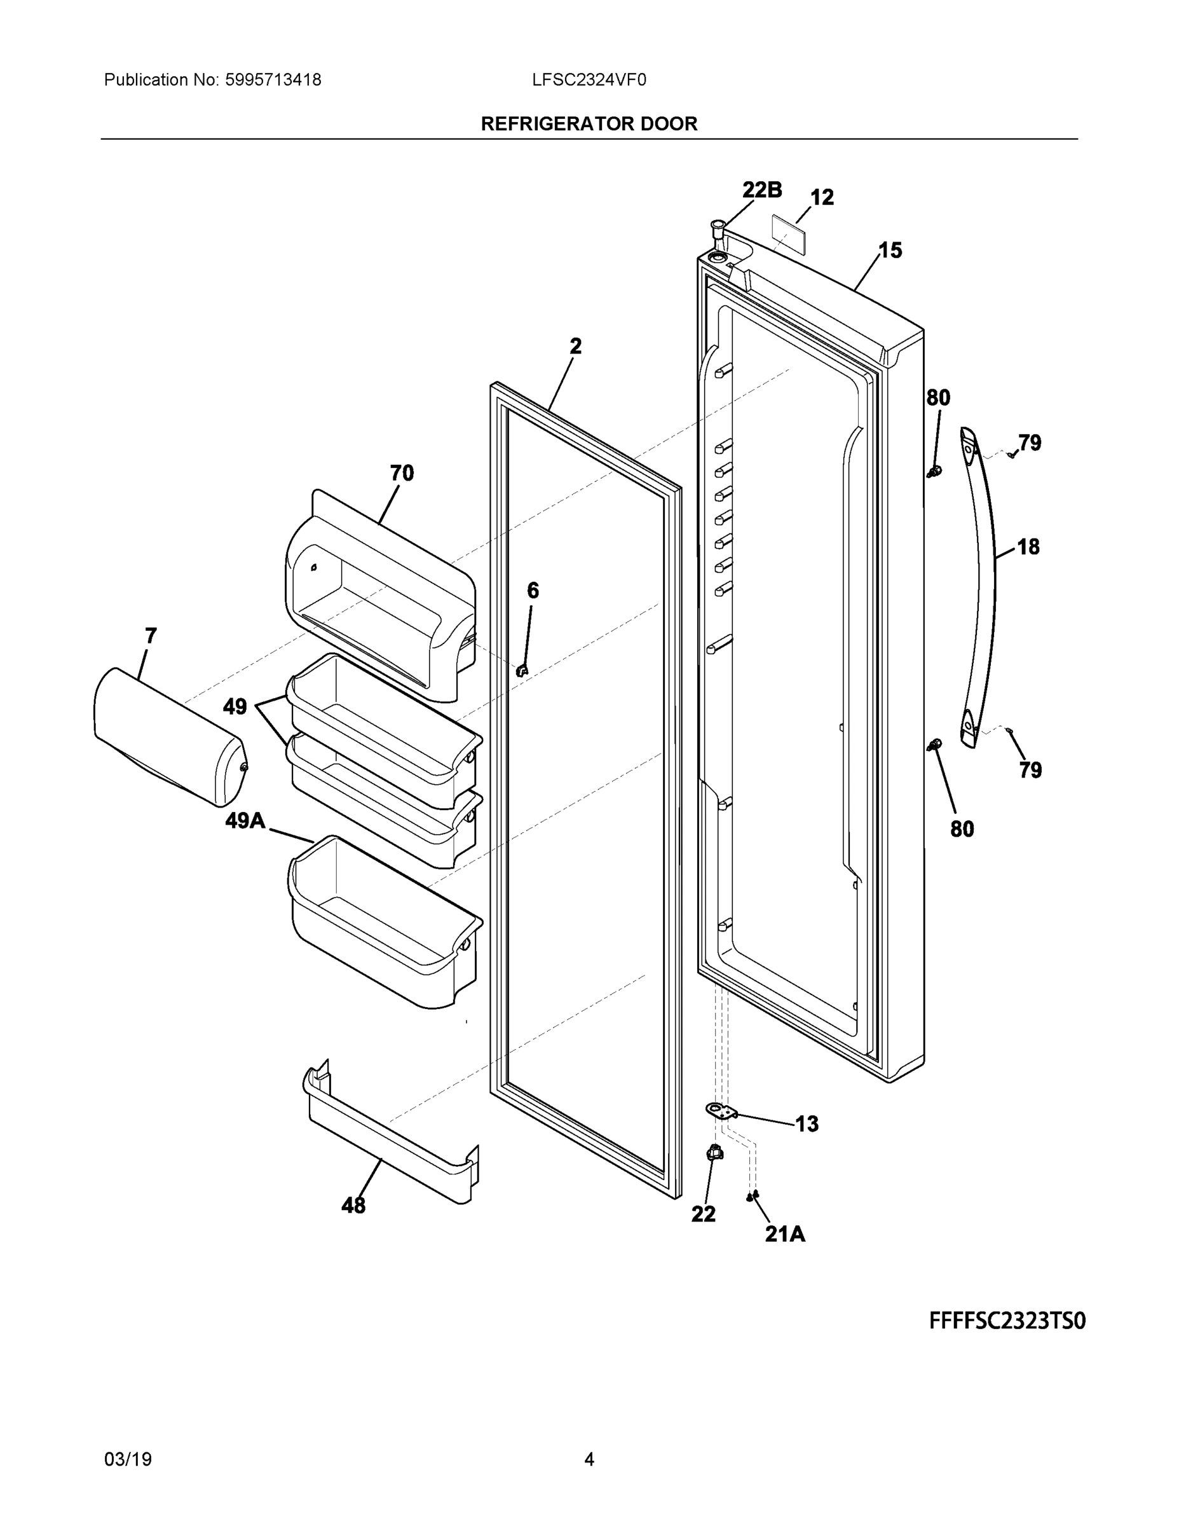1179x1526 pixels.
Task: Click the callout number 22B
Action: coord(761,189)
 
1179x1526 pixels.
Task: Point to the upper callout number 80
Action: coord(938,397)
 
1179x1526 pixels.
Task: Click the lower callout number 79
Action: coord(1030,770)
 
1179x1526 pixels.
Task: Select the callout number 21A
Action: coord(785,1235)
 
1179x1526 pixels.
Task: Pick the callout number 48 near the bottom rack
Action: coord(353,1206)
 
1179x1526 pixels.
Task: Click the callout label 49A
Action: coord(245,820)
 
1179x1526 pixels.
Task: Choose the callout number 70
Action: coord(402,473)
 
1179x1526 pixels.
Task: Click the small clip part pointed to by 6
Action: coord(522,671)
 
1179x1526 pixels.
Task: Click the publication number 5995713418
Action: coord(273,80)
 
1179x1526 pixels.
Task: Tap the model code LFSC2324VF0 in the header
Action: coord(589,80)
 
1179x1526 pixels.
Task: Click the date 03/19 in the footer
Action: coord(128,1460)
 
